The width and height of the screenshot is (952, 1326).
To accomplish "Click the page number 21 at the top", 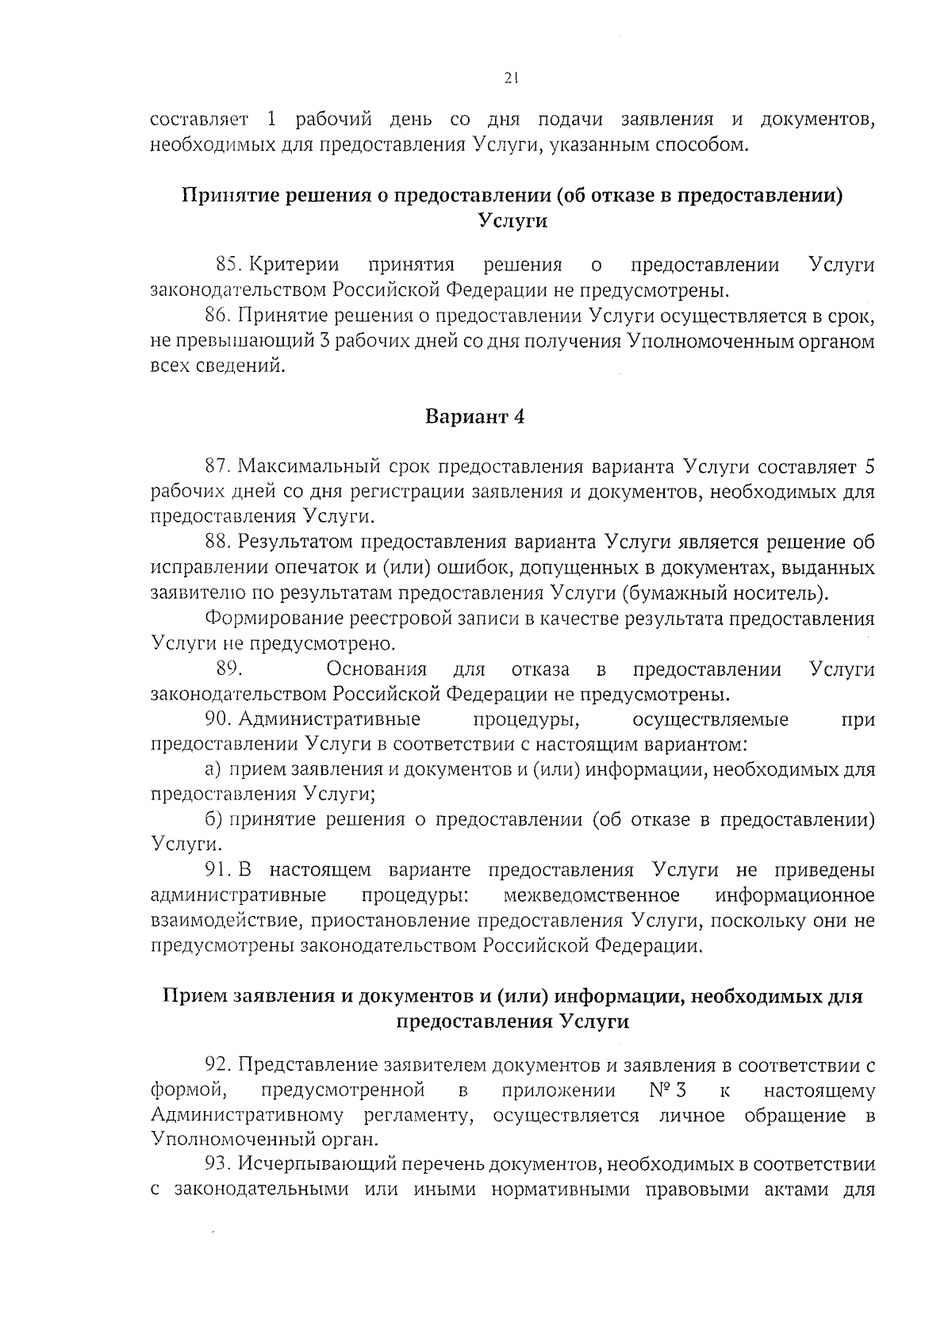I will (x=510, y=78).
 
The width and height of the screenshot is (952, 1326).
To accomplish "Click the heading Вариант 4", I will (x=475, y=416).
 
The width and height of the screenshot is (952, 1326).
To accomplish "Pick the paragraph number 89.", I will (x=228, y=669).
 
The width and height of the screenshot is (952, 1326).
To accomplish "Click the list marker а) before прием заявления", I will (x=212, y=769).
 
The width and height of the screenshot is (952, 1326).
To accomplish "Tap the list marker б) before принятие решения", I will (x=212, y=819).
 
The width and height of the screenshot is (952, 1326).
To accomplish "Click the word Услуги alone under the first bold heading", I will (x=513, y=220).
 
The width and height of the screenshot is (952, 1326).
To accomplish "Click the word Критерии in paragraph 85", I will (x=294, y=264).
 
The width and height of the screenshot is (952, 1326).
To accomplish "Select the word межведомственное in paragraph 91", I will (x=591, y=895).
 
